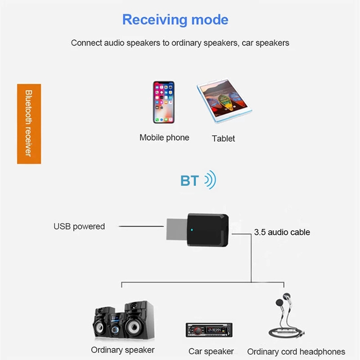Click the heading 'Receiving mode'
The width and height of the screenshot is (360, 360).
(175, 20)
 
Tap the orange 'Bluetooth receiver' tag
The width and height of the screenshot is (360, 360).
(29, 123)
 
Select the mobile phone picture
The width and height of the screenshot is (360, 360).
(164, 102)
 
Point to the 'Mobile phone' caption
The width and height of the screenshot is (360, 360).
(164, 138)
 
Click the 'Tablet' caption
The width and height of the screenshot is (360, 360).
(223, 139)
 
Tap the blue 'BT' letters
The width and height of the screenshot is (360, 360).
(190, 181)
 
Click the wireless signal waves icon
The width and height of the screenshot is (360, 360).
(210, 180)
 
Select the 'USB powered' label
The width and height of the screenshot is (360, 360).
(79, 226)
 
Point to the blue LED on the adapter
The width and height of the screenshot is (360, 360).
(192, 230)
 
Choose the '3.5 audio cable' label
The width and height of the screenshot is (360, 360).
(282, 232)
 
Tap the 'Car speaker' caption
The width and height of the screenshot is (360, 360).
(211, 351)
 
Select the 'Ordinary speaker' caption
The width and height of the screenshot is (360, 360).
(123, 350)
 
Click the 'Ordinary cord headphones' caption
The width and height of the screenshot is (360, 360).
(296, 352)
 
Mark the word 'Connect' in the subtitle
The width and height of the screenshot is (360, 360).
(87, 43)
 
